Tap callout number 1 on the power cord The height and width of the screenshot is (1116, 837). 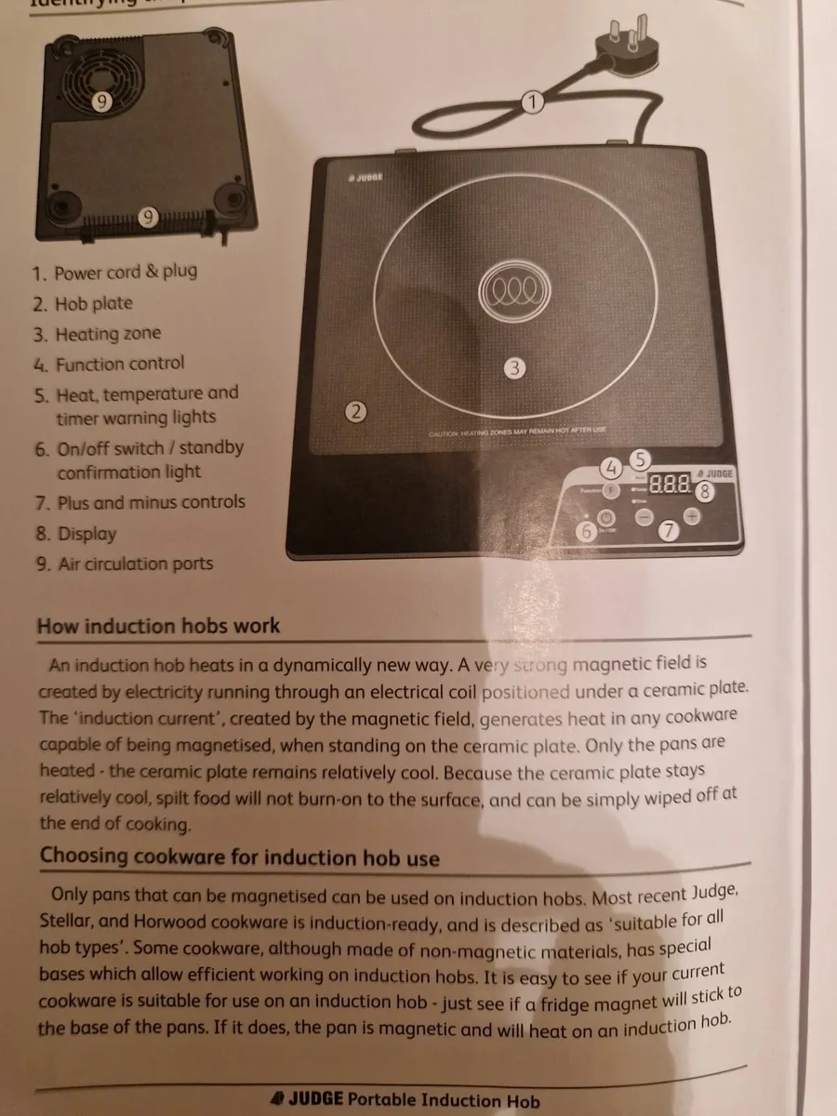click(x=531, y=101)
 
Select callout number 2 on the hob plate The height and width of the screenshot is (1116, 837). click(x=355, y=411)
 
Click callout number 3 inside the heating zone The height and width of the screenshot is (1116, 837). click(x=514, y=368)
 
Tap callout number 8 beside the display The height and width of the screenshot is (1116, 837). click(x=706, y=493)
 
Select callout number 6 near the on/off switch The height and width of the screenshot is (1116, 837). click(x=586, y=532)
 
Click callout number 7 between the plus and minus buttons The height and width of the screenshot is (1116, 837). click(x=668, y=531)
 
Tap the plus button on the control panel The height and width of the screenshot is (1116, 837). click(x=692, y=516)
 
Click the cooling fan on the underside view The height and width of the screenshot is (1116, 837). click(x=100, y=93)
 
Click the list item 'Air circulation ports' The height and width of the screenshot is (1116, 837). click(x=134, y=565)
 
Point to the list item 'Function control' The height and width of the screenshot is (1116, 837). click(x=119, y=364)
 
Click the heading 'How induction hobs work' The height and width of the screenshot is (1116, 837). click(x=158, y=626)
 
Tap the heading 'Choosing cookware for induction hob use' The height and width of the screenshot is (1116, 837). click(x=239, y=857)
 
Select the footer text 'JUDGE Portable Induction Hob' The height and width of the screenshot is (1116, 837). click(x=405, y=1100)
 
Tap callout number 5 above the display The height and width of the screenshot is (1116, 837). click(x=640, y=458)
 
